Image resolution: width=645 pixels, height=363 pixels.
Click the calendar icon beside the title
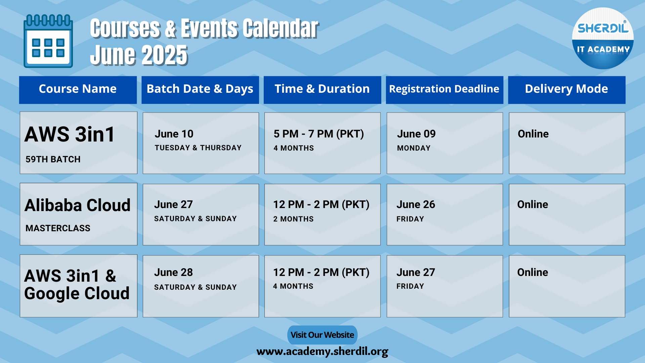tap(48, 41)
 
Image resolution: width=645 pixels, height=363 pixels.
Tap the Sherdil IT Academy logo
tap(603, 38)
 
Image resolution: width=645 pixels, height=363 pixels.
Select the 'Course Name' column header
tap(78, 89)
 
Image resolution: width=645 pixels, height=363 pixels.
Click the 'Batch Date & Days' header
tap(200, 89)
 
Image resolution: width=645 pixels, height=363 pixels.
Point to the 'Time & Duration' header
tap(322, 89)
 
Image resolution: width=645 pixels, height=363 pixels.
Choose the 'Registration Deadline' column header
tap(444, 89)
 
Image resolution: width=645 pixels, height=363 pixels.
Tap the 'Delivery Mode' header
tap(567, 89)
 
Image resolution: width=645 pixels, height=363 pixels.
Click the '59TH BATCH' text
tap(53, 159)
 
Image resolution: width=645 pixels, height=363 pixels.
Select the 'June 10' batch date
tap(174, 134)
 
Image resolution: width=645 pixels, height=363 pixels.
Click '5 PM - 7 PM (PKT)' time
tap(319, 134)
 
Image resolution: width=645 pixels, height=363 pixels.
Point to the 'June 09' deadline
tap(416, 134)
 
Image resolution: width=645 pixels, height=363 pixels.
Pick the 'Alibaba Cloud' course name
tap(78, 205)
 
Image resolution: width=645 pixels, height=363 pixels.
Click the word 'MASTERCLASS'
tap(58, 228)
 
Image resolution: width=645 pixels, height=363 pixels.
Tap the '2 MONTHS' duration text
tap(293, 219)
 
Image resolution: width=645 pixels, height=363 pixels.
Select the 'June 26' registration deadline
tap(416, 204)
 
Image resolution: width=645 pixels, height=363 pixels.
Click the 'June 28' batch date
tap(173, 272)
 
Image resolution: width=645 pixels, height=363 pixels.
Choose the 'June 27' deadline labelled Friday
tap(416, 272)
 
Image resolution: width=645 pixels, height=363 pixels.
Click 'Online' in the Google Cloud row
tap(532, 272)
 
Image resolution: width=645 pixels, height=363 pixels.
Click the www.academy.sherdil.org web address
tap(322, 352)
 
